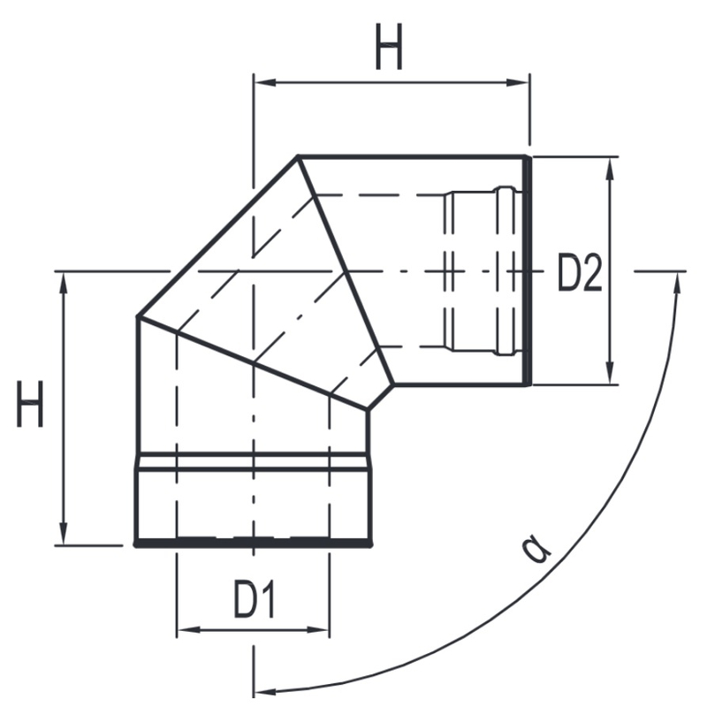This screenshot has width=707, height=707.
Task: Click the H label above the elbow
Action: (389, 48)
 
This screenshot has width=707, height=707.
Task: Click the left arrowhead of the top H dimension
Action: (262, 83)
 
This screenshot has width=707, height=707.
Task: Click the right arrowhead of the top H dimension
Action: (521, 83)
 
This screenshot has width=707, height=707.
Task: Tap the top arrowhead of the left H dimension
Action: (64, 281)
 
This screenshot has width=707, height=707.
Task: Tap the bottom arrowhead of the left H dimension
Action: (64, 536)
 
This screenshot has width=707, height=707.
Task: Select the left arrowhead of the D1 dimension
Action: (186, 630)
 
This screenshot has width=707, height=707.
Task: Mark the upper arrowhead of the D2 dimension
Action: (610, 168)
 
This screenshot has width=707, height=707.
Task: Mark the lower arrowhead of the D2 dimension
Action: (610, 376)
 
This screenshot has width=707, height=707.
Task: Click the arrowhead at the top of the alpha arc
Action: (678, 281)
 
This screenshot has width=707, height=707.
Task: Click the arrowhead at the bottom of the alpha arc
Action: (265, 688)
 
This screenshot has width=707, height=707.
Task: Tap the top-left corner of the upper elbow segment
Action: (298, 156)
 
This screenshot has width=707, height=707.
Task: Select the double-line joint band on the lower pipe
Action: (252, 460)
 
